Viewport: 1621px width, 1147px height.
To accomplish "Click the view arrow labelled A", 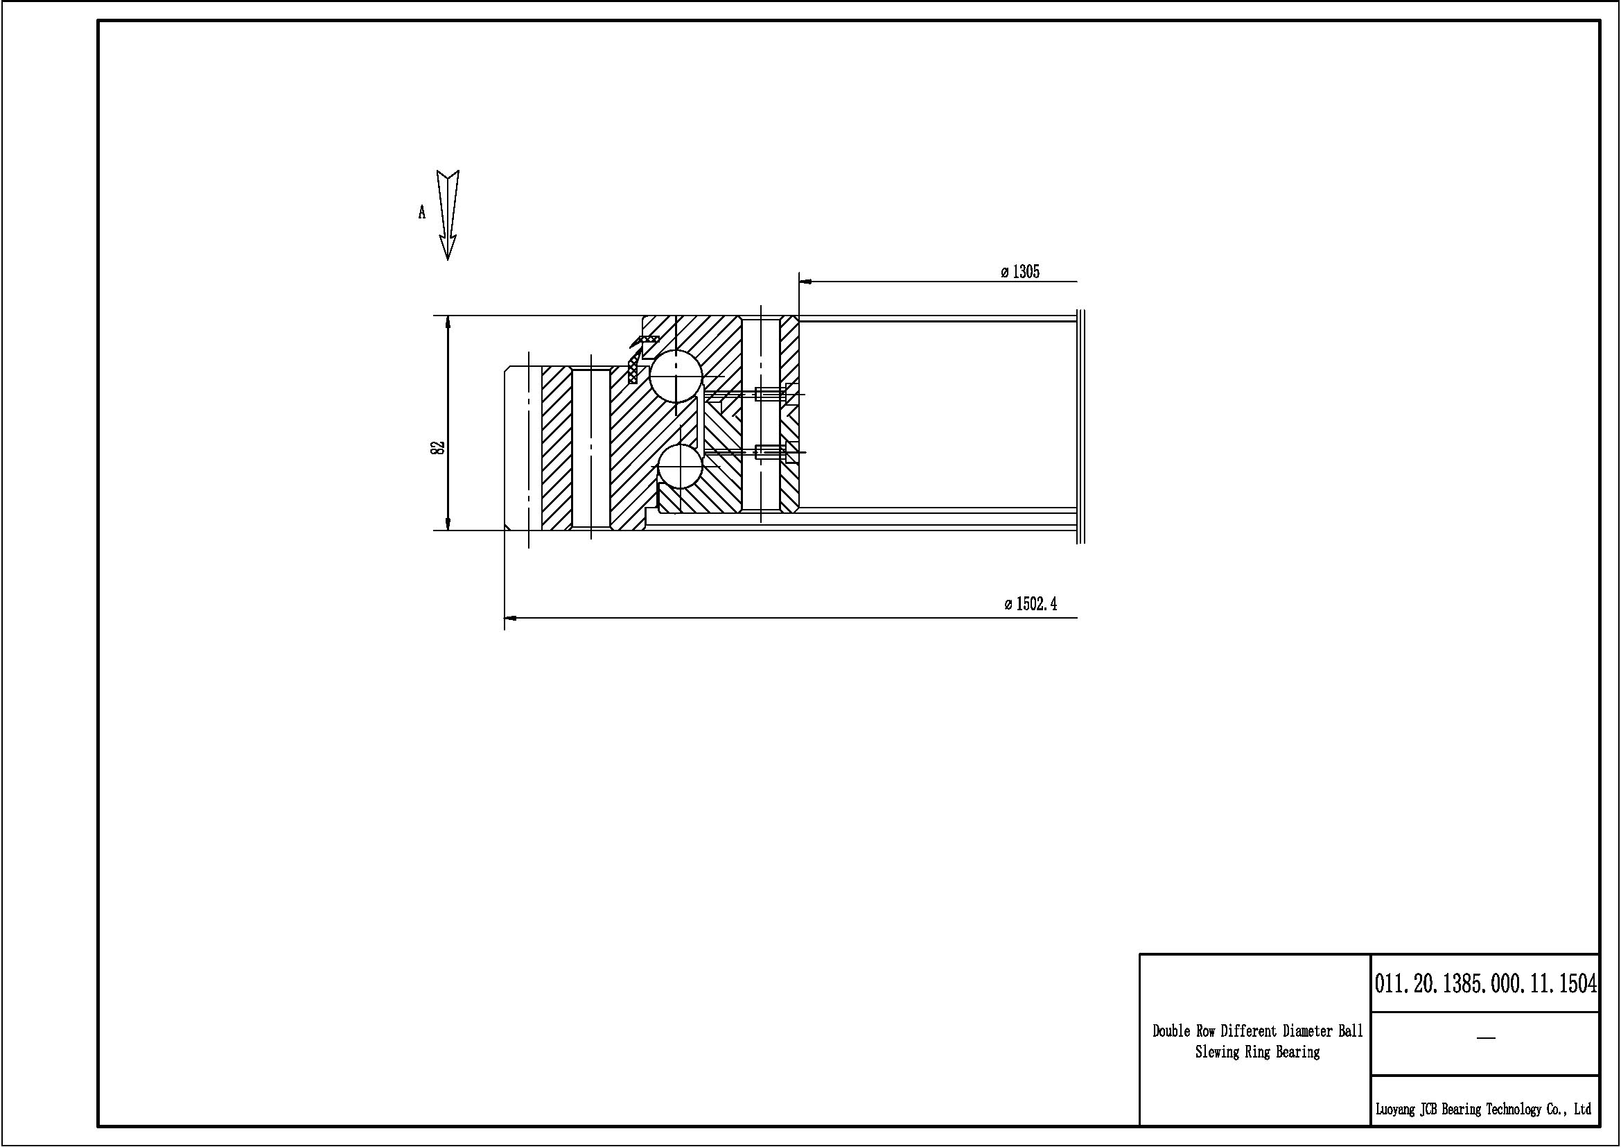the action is [x=448, y=215].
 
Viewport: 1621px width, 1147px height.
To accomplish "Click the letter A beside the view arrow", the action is [x=422, y=212].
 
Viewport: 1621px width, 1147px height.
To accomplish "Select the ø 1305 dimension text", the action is [x=1020, y=272].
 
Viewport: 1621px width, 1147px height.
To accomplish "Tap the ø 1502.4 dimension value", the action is [x=1031, y=604].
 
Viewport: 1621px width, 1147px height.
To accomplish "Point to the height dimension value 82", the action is [x=438, y=447].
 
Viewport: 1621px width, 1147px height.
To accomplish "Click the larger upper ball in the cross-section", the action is [x=676, y=376].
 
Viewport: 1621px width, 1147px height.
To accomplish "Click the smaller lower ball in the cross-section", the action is [x=680, y=466].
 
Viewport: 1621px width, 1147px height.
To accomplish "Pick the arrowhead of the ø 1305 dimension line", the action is [x=805, y=281].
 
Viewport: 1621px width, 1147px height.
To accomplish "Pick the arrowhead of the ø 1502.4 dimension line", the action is [x=511, y=618].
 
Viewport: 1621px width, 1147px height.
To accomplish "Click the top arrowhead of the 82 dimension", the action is [x=448, y=322].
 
